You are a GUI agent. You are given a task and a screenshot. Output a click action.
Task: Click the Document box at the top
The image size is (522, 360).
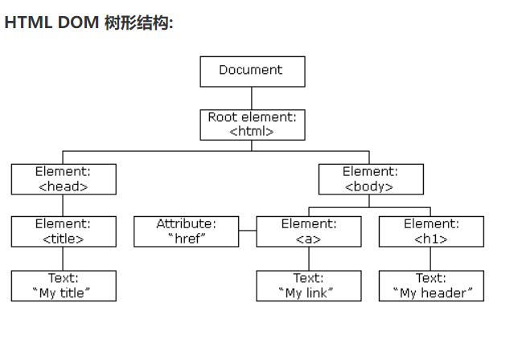coord(252,71)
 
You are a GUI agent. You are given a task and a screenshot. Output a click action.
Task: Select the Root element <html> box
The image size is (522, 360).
coord(252,125)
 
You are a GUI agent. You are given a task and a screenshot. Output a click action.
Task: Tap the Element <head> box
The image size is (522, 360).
coord(64,179)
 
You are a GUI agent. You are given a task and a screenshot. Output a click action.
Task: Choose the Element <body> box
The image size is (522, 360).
coord(370,179)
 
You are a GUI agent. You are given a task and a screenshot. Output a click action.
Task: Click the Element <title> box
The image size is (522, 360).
coord(64,231)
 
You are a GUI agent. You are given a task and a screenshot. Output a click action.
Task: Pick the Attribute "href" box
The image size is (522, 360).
coord(186,231)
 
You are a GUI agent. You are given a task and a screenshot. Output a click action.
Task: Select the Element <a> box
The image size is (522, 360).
coord(308,231)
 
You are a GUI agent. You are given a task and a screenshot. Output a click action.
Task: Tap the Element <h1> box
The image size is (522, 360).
coord(431,231)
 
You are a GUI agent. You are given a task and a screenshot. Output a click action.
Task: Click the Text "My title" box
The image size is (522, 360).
coord(64,286)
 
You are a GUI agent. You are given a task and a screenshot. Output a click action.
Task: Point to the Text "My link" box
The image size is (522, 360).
coord(308,286)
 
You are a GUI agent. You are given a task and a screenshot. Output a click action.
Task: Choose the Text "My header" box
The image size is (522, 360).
coord(431,286)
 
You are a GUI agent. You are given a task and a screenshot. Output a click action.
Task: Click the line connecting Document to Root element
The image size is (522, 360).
coord(252,98)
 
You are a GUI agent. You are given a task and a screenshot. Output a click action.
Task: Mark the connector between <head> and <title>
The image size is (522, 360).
coord(64,206)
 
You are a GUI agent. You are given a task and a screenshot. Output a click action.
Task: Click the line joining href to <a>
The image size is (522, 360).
coord(248,231)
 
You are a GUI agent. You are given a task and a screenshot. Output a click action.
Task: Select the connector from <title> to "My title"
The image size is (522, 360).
coord(64,259)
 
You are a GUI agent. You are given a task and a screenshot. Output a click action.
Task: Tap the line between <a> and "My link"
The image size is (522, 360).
coord(308,259)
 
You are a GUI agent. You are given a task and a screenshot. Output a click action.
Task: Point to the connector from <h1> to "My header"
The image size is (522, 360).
coord(431,259)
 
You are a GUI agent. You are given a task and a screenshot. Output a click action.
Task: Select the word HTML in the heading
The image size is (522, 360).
coord(28,22)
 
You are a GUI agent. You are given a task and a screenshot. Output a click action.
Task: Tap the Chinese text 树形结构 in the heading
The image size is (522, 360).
coord(138,22)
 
